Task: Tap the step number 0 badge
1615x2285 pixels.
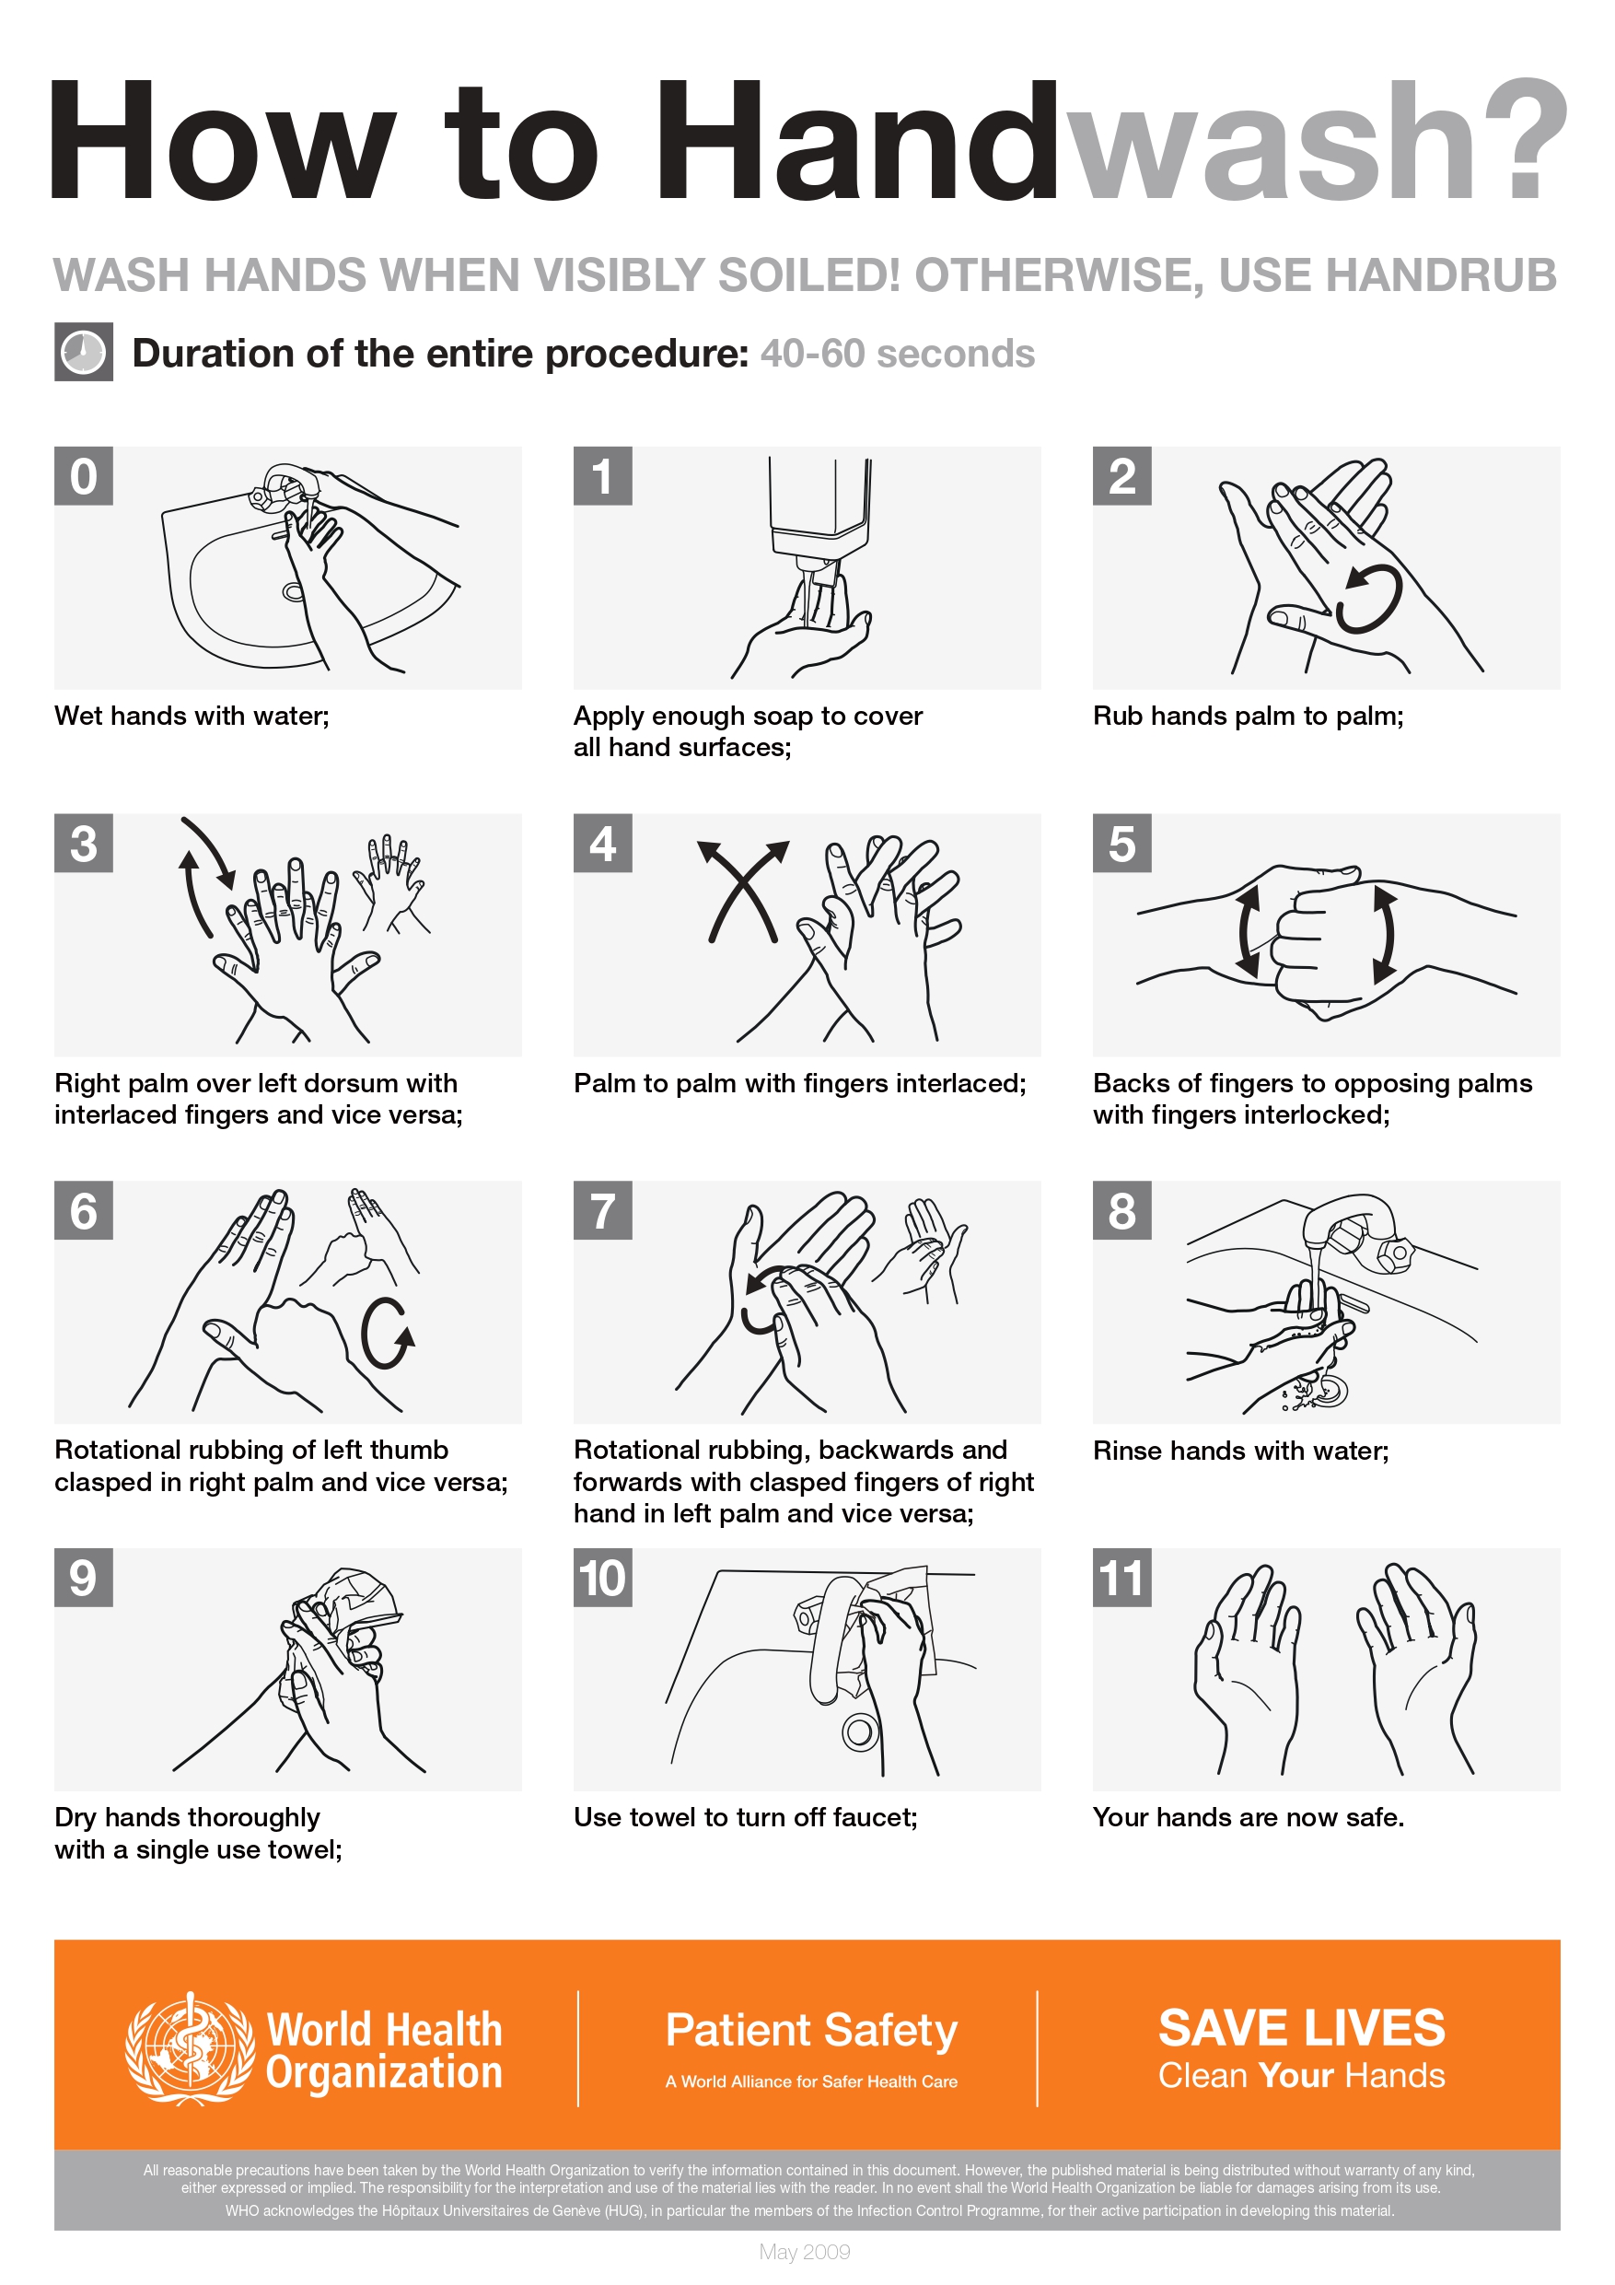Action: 84,476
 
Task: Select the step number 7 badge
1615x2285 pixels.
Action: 602,1210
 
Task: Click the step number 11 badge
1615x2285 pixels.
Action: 1121,1578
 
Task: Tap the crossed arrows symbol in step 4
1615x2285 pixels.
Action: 741,891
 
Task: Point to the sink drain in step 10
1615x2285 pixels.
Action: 860,1732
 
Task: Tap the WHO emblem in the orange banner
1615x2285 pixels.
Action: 189,2049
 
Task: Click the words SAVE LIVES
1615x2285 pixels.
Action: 1300,2027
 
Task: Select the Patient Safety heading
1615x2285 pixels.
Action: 811,2030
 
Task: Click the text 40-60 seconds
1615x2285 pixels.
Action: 897,354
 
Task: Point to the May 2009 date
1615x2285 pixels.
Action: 804,2251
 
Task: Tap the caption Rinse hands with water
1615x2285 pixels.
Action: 1240,1451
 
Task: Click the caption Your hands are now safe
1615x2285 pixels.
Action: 1248,1817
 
